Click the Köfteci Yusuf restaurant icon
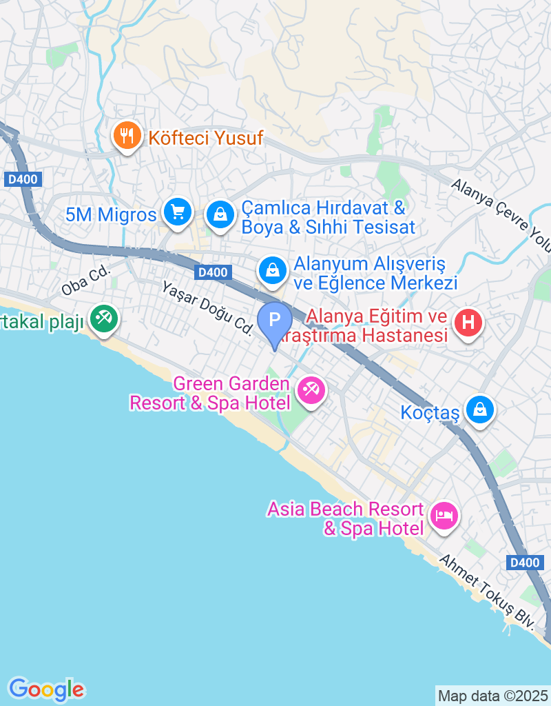127,136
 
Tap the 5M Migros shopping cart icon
178,212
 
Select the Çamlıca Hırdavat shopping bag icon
220,213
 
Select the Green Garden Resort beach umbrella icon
311,391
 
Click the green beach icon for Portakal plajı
105,319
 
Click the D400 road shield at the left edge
24,180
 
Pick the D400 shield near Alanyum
211,272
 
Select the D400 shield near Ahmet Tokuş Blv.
524,563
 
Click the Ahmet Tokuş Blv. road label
488,594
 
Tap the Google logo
46,688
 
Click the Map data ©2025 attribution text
493,695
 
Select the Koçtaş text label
429,412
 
